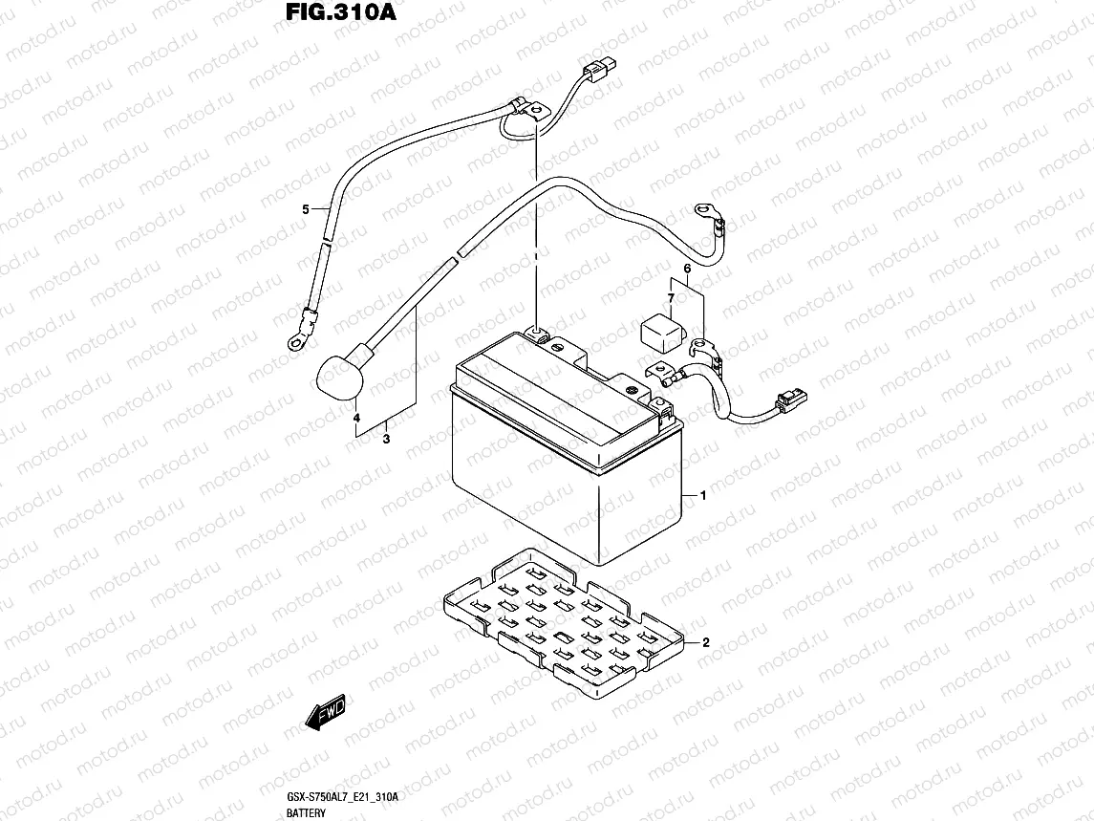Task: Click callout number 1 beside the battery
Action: pyautogui.click(x=703, y=496)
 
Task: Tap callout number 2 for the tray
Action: pyautogui.click(x=705, y=642)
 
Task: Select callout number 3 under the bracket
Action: pyautogui.click(x=386, y=441)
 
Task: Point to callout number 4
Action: pyautogui.click(x=357, y=419)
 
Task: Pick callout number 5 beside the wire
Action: pyautogui.click(x=306, y=209)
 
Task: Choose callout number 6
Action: pyautogui.click(x=686, y=270)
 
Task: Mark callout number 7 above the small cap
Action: pyautogui.click(x=671, y=299)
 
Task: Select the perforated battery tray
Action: pyautogui.click(x=564, y=621)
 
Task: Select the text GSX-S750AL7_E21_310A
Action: pyautogui.click(x=341, y=796)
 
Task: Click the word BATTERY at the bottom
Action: pyautogui.click(x=305, y=812)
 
